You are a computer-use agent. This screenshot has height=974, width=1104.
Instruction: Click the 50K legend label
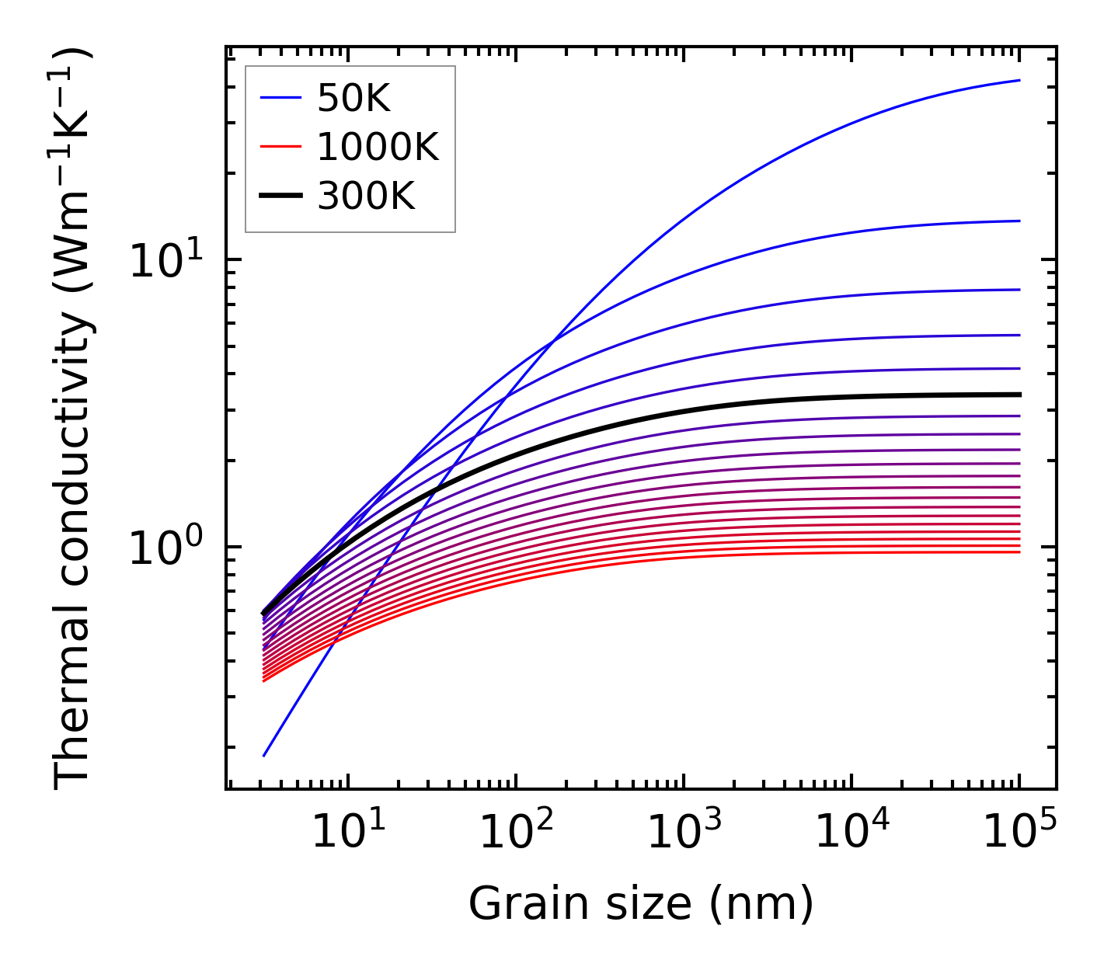click(x=353, y=99)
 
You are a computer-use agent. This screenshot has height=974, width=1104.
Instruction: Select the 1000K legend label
click(x=378, y=147)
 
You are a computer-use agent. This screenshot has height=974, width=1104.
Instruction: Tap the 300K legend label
click(x=366, y=197)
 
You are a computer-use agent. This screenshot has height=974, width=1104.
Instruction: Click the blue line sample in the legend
click(x=280, y=98)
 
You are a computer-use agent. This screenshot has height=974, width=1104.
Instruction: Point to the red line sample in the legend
click(x=280, y=147)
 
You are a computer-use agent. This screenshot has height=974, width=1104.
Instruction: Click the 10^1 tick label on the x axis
click(x=347, y=833)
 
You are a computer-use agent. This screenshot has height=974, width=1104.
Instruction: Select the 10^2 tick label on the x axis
click(x=515, y=833)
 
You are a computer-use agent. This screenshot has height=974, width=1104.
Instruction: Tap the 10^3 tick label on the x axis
click(x=683, y=833)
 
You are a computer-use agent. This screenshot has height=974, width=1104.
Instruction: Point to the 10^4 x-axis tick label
click(x=852, y=833)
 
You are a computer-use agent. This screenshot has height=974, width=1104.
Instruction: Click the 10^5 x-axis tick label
click(x=1019, y=833)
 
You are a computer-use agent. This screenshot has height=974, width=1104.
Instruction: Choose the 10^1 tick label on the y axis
click(x=165, y=261)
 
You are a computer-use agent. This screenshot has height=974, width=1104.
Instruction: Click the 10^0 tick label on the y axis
click(x=165, y=548)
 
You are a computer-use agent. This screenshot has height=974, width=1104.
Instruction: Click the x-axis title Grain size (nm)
click(x=641, y=903)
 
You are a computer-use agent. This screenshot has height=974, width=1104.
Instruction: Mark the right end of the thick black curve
click(x=1019, y=395)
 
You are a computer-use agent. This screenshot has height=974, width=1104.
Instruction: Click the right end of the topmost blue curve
click(x=1019, y=80)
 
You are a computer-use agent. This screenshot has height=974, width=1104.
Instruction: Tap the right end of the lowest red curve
click(x=1019, y=551)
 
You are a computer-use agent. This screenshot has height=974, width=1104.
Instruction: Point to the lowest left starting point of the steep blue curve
click(x=265, y=755)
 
